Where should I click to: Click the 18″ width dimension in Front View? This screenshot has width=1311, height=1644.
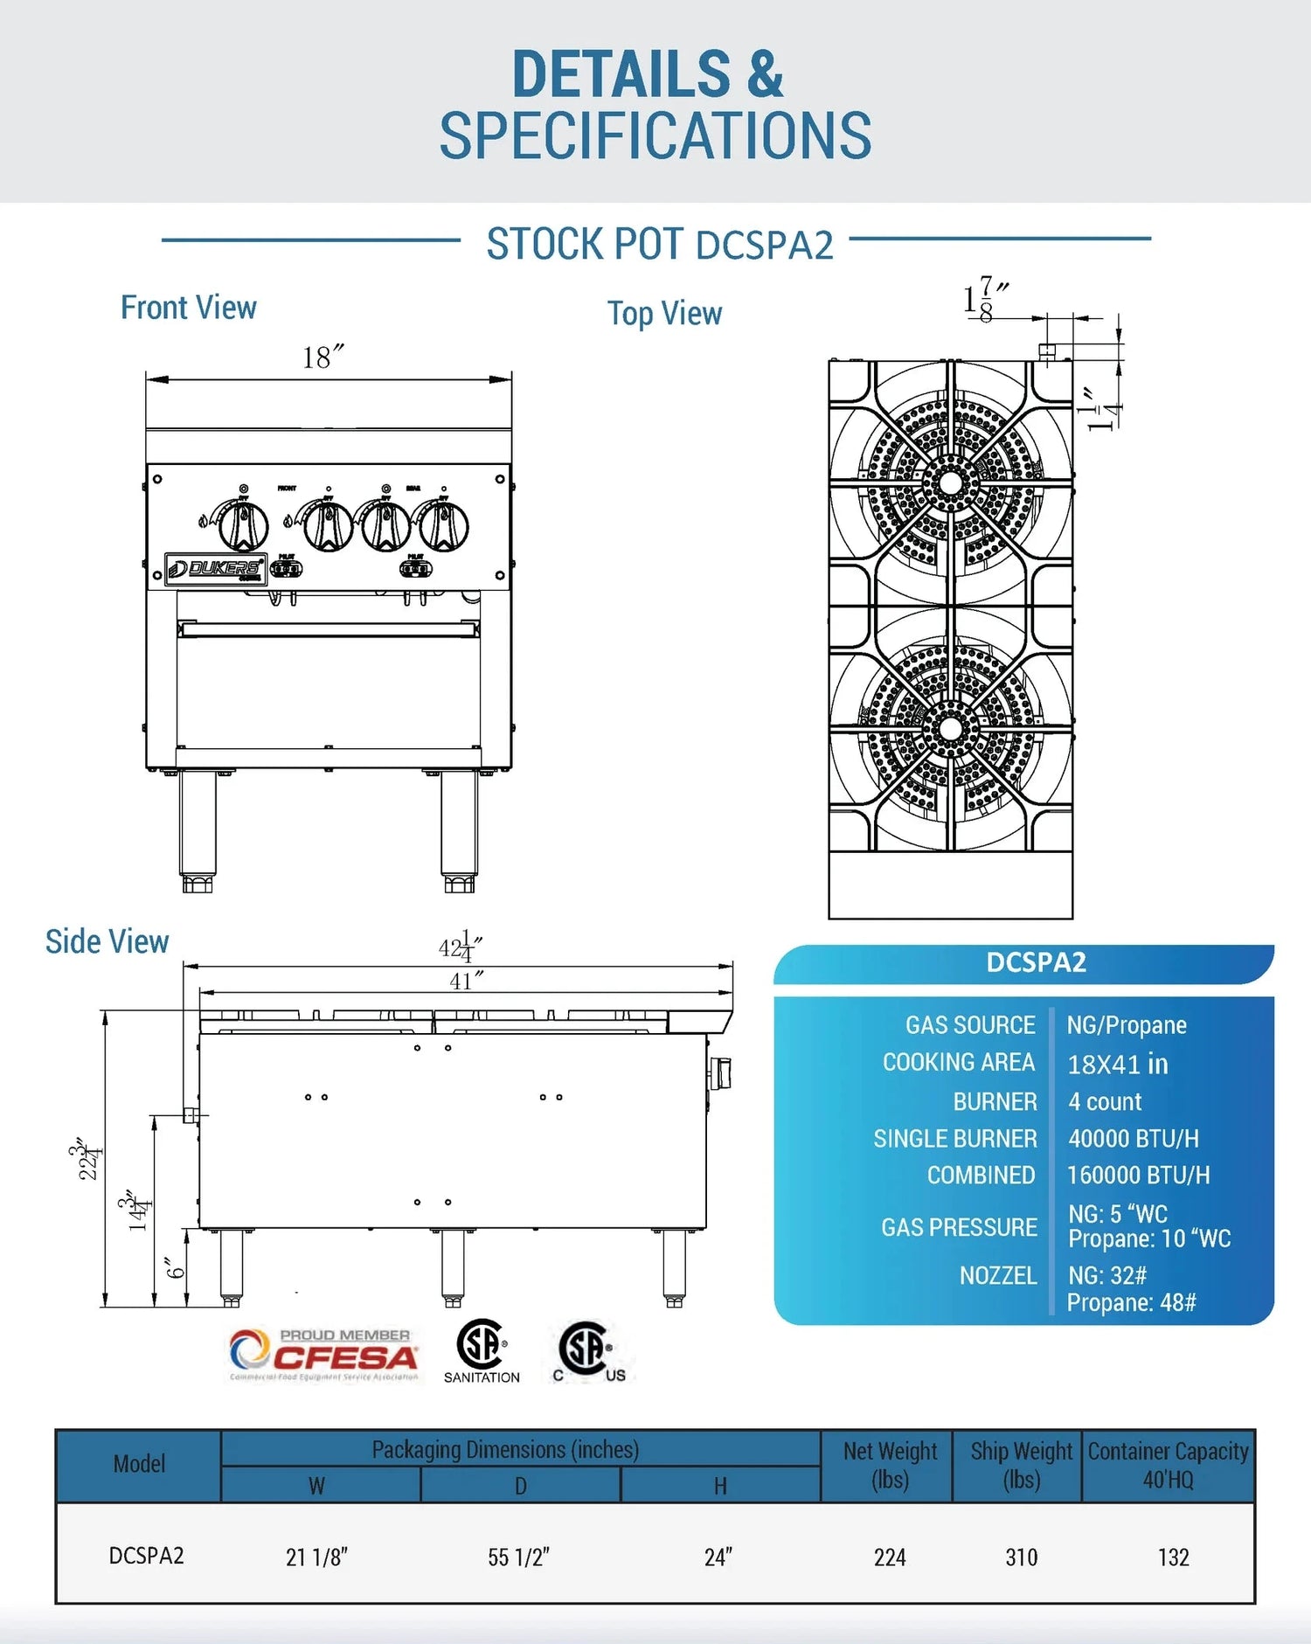point(322,357)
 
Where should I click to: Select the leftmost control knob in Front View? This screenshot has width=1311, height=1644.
point(243,525)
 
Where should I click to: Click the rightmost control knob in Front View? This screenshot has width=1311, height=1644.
point(444,526)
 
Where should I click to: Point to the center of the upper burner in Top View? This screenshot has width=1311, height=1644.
point(950,482)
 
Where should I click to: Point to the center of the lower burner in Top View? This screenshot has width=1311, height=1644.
point(950,728)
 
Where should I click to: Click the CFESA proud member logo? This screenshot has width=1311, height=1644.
point(324,1355)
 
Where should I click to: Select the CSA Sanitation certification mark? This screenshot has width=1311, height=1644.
point(482,1351)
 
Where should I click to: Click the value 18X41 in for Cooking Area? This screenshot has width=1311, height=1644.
point(1118,1064)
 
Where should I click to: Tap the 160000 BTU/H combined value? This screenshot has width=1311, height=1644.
point(1138,1176)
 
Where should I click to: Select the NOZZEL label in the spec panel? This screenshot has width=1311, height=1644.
point(998,1276)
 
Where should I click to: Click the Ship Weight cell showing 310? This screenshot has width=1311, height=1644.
point(1021,1557)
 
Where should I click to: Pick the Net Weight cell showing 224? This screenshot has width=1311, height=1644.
point(890,1557)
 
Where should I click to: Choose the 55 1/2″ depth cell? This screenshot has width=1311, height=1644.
point(519,1557)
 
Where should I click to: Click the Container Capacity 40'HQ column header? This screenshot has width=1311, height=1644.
point(1168,1465)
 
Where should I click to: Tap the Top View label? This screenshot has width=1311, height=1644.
point(664,313)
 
